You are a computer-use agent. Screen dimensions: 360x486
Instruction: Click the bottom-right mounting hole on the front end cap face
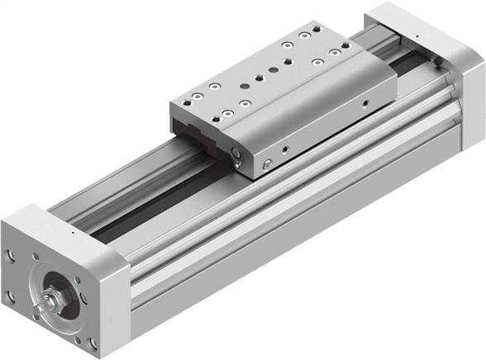(93, 342)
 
